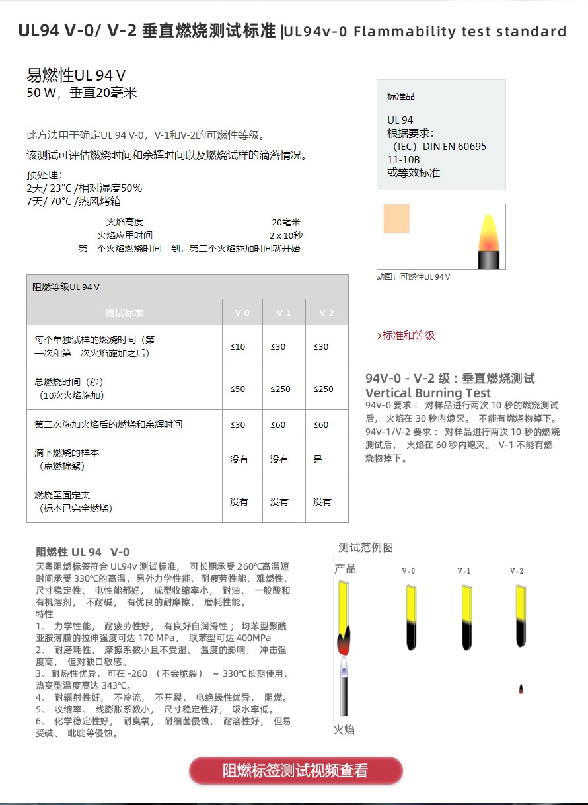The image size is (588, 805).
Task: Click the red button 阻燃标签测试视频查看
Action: (x=295, y=771)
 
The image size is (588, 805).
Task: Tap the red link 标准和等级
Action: (x=406, y=336)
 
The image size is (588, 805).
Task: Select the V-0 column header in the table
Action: (x=242, y=313)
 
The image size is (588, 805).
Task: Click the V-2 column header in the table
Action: (x=326, y=313)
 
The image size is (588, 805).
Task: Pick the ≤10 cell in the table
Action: (x=238, y=346)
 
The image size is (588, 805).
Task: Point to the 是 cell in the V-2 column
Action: (x=318, y=459)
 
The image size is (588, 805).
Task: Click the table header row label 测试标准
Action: (x=124, y=313)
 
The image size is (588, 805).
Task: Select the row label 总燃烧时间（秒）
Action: (x=69, y=382)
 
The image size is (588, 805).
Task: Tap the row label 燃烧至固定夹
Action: (x=65, y=495)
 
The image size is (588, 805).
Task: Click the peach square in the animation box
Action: (x=396, y=219)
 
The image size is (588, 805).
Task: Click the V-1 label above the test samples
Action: (x=464, y=571)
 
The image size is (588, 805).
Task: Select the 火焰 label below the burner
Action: (x=344, y=730)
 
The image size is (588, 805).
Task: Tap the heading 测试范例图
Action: (x=365, y=547)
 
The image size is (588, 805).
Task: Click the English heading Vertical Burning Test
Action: (x=428, y=393)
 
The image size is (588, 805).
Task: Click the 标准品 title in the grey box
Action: (x=401, y=96)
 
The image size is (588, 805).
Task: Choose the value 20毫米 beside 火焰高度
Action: (x=286, y=222)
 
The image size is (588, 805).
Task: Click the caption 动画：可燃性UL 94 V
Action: (x=413, y=277)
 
